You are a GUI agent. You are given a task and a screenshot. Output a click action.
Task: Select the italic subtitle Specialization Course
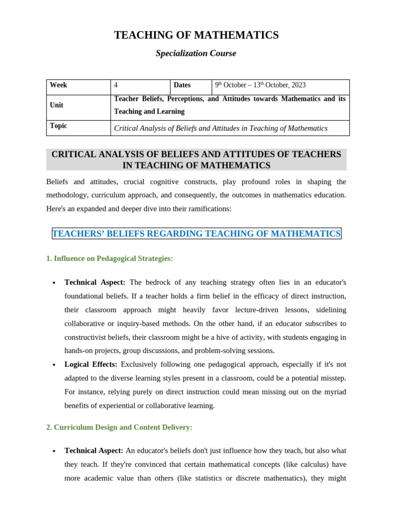click(196, 54)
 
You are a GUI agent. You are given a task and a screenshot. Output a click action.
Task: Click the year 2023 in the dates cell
click(298, 85)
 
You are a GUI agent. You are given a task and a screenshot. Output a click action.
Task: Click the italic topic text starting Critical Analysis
click(221, 128)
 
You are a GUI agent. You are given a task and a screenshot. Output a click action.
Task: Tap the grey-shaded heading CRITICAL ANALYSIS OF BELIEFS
click(196, 160)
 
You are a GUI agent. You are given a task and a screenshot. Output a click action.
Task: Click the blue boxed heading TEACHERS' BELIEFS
click(196, 234)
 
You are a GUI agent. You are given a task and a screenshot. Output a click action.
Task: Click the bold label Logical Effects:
click(91, 364)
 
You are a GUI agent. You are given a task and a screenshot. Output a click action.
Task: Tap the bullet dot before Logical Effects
click(54, 365)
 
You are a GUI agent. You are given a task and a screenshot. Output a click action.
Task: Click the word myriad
click(335, 392)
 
